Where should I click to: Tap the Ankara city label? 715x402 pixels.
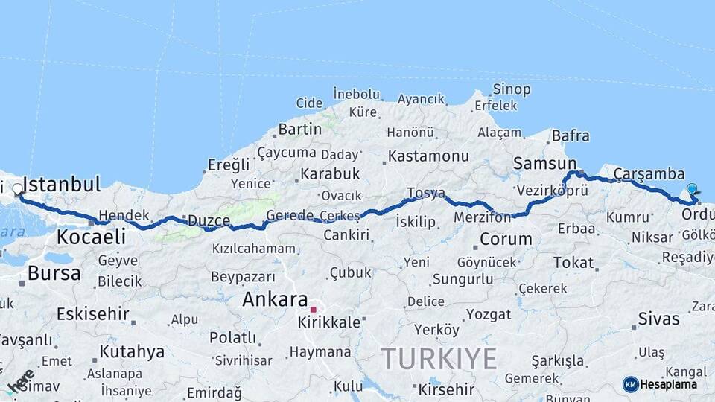pos(275,300)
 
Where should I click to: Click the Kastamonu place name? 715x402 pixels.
pos(428,156)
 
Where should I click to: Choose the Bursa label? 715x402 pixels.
pos(54,273)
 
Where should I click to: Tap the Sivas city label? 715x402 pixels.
pos(658,319)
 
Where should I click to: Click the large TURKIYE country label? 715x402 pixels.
pos(439,360)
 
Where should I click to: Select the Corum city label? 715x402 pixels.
pos(506,240)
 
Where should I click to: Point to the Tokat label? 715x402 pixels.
pos(573,263)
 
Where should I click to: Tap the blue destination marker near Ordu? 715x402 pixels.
pos(692,191)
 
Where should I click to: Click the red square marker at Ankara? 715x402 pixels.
pos(314,309)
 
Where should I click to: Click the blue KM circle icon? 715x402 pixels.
pos(630,384)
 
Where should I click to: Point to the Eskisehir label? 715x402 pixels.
pos(92,313)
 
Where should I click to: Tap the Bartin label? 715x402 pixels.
pos(299,129)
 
